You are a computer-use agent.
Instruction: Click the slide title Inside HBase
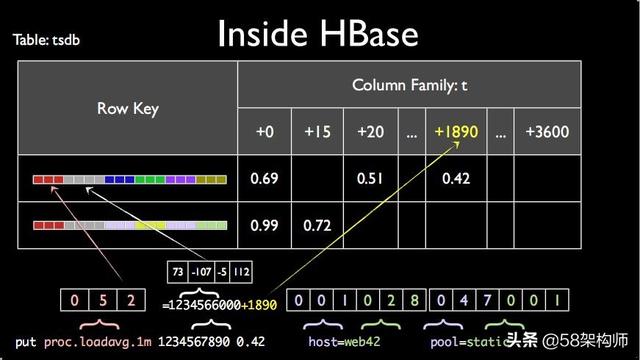point(318,33)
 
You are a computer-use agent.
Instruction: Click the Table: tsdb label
point(46,40)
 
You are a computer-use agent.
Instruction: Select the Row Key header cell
point(128,108)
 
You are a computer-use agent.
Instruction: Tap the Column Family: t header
point(409,85)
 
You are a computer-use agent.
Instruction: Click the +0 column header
point(264,131)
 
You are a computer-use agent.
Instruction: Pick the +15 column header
point(317,131)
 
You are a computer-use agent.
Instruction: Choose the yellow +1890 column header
point(456,131)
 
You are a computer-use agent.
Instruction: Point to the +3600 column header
point(547,131)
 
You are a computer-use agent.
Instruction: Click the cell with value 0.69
point(264,178)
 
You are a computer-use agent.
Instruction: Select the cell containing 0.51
point(370,178)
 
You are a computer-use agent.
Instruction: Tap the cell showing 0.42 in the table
point(456,178)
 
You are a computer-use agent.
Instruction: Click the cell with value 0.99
point(264,225)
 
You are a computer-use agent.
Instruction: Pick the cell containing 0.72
point(317,225)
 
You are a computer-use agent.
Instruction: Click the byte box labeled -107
point(201,272)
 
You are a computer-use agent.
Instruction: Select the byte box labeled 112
point(241,272)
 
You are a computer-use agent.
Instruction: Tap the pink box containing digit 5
point(103,300)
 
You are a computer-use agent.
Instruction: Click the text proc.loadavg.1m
point(98,342)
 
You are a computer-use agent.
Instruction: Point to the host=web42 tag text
point(344,342)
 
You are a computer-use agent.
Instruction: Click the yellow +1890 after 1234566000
point(259,305)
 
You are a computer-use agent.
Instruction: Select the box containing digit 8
point(415,300)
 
